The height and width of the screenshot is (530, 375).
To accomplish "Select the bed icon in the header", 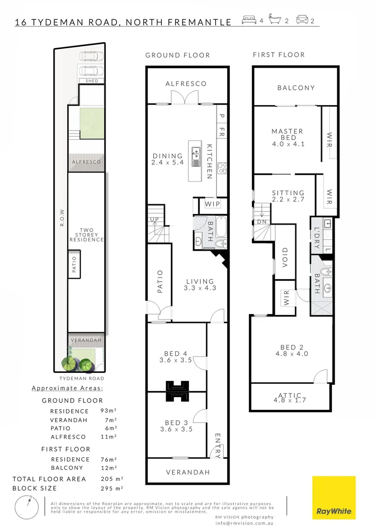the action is pyautogui.click(x=249, y=20).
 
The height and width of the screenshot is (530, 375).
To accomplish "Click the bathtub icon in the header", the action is pyautogui.click(x=275, y=19).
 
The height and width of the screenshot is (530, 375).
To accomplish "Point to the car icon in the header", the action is pyautogui.click(x=302, y=20).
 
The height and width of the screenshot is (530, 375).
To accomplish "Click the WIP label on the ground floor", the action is pyautogui.click(x=213, y=204).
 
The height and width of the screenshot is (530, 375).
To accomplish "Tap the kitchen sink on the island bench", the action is pyautogui.click(x=196, y=157).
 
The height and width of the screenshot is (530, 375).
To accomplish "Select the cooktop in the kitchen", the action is pyautogui.click(x=222, y=168).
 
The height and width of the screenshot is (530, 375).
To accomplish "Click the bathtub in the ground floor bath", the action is pyautogui.click(x=221, y=226).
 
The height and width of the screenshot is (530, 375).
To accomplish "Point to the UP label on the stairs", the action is pyautogui.click(x=154, y=220).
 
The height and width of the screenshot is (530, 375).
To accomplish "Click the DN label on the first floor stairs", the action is pyautogui.click(x=262, y=222).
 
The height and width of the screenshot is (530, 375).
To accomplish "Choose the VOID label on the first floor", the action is pyautogui.click(x=285, y=257).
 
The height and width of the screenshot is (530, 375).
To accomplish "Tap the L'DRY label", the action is pyautogui.click(x=317, y=238).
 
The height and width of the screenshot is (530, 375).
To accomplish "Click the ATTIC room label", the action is pyautogui.click(x=290, y=395).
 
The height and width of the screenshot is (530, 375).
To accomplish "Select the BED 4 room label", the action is pyautogui.click(x=176, y=353).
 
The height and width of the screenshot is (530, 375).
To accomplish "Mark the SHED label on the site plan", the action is pyautogui.click(x=92, y=81).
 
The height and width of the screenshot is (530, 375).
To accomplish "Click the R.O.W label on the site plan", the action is pyautogui.click(x=62, y=217).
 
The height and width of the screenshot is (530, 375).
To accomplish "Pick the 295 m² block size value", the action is pyautogui.click(x=112, y=488).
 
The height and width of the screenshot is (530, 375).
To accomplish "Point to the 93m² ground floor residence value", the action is pyautogui.click(x=108, y=411).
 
